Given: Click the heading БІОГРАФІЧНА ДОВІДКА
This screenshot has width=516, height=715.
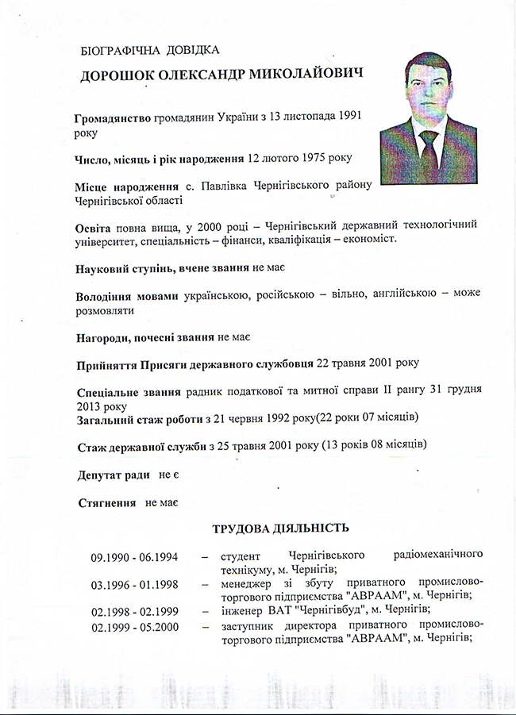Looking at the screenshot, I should pyautogui.click(x=149, y=51).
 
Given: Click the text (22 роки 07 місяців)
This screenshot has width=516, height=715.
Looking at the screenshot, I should pyautogui.click(x=367, y=417).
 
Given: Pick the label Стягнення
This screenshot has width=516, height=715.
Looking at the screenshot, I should pyautogui.click(x=106, y=502).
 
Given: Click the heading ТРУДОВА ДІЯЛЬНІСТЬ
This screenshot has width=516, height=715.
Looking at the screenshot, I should pyautogui.click(x=280, y=529).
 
